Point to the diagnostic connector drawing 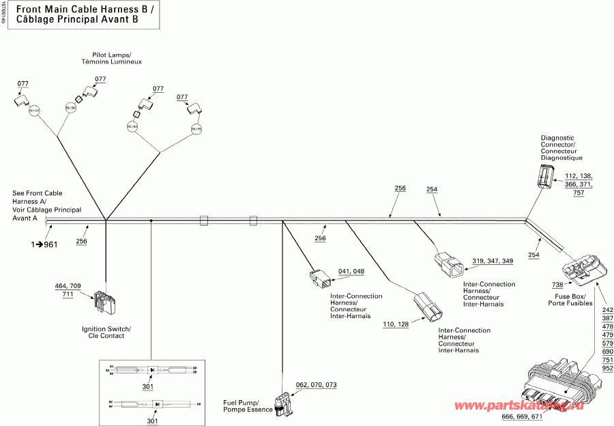click(x=546, y=176)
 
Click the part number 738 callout click(x=557, y=284)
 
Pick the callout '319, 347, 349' click(x=493, y=261)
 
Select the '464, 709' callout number click(x=68, y=285)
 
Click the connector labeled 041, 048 click(x=319, y=278)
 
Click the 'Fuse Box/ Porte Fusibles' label click(x=570, y=299)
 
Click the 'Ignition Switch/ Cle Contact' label click(x=106, y=332)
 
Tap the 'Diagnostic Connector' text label click(x=561, y=147)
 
